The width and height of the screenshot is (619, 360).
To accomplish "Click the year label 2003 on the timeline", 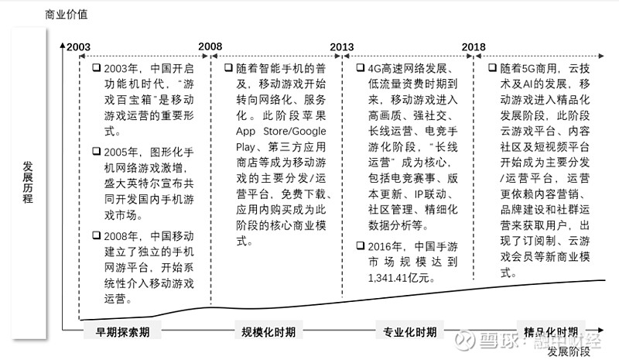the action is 78,46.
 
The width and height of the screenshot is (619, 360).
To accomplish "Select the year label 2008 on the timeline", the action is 210,46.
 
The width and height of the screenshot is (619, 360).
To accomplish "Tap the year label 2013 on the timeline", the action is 342,46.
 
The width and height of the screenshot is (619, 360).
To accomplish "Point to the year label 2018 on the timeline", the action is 474,46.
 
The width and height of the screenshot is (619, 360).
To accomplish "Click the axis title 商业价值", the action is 66,15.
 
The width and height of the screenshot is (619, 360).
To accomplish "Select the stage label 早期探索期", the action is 122,331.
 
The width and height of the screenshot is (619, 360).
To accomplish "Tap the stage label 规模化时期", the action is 268,331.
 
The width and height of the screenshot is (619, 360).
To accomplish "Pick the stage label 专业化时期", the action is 410,331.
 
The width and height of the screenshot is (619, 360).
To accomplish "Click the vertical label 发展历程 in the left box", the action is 28,182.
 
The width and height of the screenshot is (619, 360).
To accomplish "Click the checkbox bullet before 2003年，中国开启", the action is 96,67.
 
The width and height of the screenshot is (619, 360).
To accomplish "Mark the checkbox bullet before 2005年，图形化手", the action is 96,151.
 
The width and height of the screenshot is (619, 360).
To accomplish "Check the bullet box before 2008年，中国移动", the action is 96,235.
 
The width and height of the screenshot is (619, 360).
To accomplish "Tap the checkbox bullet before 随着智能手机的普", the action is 228,67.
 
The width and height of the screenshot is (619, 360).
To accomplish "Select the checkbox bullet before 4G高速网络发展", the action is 361,67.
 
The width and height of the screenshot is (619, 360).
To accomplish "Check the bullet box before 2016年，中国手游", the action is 361,245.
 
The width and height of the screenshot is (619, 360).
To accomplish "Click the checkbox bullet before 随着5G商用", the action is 492,67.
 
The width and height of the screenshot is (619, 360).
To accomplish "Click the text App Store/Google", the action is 281,131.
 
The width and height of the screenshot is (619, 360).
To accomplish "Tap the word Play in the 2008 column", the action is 245,147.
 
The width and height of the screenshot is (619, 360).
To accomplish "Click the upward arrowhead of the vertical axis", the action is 63,46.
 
